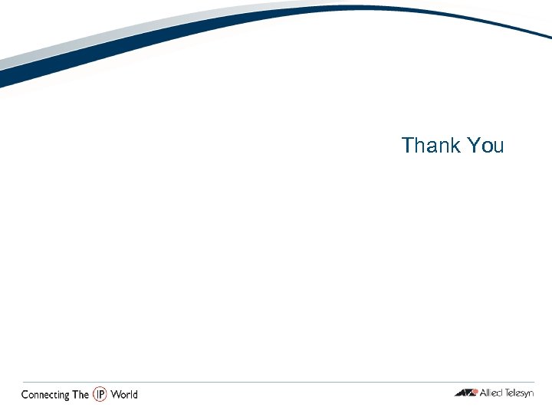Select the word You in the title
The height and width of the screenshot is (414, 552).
[x=485, y=145]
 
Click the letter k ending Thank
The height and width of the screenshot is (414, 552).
[x=454, y=145]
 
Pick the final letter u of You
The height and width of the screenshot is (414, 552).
[x=498, y=146]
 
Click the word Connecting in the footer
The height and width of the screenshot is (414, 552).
[x=44, y=395]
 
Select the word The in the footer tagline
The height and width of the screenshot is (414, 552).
[x=80, y=395]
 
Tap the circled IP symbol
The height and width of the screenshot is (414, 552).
[x=100, y=394]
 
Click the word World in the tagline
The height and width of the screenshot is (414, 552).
[x=124, y=395]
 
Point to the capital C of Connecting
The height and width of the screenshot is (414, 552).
[x=25, y=395]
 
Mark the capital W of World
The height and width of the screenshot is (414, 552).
[x=115, y=395]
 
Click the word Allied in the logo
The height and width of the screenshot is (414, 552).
[x=491, y=393]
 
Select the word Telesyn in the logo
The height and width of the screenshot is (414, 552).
[x=518, y=393]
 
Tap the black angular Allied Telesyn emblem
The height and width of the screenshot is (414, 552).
[x=465, y=393]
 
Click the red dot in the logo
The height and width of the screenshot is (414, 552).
[x=475, y=392]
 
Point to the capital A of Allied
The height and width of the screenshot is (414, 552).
[x=483, y=393]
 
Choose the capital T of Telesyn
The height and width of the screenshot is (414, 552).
[x=506, y=393]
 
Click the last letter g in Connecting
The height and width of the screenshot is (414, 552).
[x=67, y=396]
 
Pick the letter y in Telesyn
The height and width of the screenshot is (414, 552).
[x=525, y=395]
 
